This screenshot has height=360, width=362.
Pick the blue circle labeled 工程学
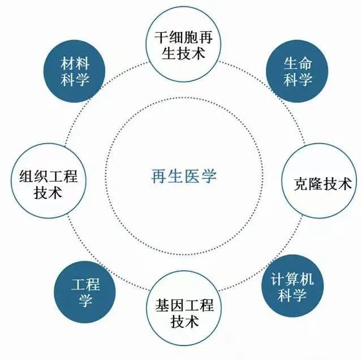(84, 292)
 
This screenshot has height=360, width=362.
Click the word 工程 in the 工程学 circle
(84, 284)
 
